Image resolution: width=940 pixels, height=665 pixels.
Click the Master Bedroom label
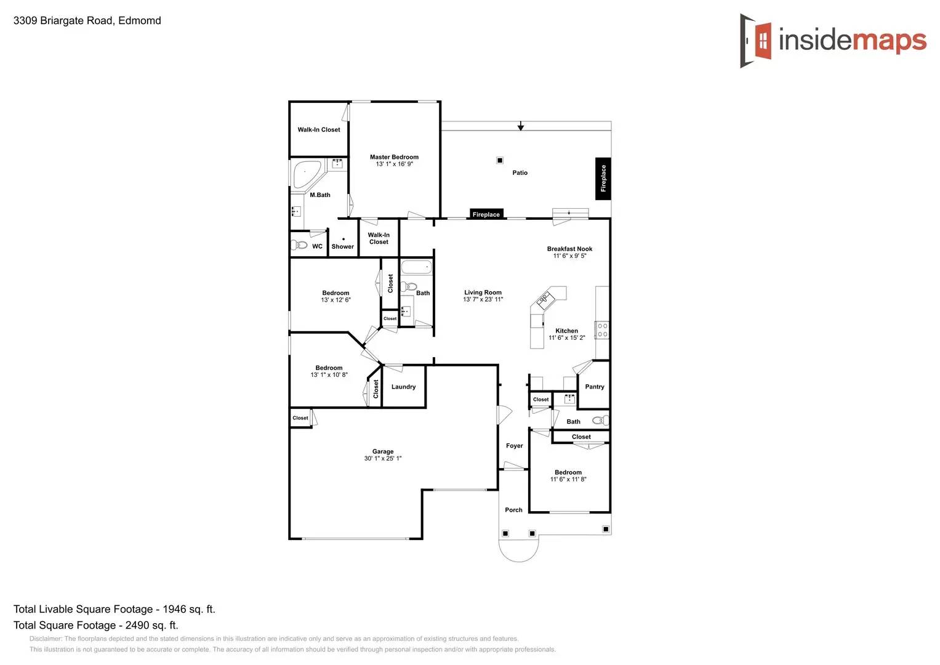pyautogui.click(x=394, y=157)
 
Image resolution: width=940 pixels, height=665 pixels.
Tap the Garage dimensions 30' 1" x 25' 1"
pyautogui.click(x=382, y=459)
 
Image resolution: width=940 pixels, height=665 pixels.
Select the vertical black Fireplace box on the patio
pyautogui.click(x=603, y=179)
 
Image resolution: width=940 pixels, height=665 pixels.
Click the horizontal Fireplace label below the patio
pyautogui.click(x=486, y=214)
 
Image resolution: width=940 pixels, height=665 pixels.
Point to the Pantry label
pyautogui.click(x=594, y=387)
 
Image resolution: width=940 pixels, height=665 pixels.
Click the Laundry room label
pyautogui.click(x=403, y=387)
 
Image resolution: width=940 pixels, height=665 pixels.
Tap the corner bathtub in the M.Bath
pyautogui.click(x=305, y=174)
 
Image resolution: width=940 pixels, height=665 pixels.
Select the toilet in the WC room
pyautogui.click(x=300, y=245)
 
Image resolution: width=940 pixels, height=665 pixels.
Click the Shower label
pyautogui.click(x=342, y=246)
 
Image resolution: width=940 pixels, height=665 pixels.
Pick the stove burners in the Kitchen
pyautogui.click(x=602, y=330)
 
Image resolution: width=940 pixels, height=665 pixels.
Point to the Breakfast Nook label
pyautogui.click(x=569, y=249)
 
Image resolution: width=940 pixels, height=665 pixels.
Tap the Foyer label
pyautogui.click(x=514, y=446)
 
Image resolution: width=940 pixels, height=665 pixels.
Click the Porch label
pyautogui.click(x=513, y=510)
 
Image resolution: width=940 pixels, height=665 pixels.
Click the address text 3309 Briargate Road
pyautogui.click(x=87, y=20)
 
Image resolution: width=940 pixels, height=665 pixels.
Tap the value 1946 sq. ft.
pyautogui.click(x=188, y=609)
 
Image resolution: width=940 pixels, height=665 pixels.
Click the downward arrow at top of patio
pyautogui.click(x=521, y=126)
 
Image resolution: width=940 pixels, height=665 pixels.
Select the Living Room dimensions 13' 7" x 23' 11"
pyautogui.click(x=483, y=300)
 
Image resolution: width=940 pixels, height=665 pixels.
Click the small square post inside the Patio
pyautogui.click(x=500, y=160)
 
